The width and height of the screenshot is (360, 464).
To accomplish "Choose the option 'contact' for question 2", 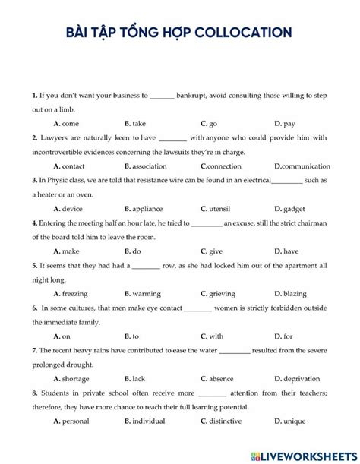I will click(x=73, y=166).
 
